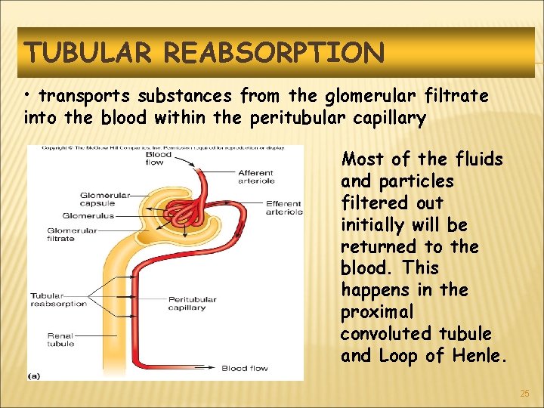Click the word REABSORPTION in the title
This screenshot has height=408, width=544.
pyautogui.click(x=274, y=53)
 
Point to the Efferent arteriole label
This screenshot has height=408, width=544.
pyautogui.click(x=283, y=208)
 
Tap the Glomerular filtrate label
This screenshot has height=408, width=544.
pyautogui.click(x=72, y=234)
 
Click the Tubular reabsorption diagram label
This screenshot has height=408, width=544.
pyautogui.click(x=59, y=300)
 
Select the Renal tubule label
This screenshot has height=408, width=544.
pyautogui.click(x=60, y=339)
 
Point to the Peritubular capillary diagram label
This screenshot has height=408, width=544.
pyautogui.click(x=192, y=304)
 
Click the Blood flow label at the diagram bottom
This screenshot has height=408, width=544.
pyautogui.click(x=244, y=369)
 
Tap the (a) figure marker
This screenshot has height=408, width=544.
pyautogui.click(x=35, y=375)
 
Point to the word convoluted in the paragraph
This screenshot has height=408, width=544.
pyautogui.click(x=389, y=333)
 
